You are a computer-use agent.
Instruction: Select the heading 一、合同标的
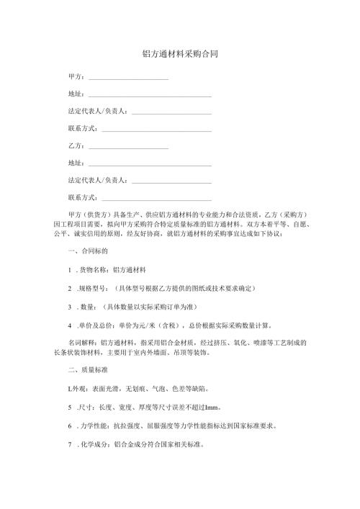[x=87, y=252]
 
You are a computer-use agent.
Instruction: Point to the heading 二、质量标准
[x=87, y=371]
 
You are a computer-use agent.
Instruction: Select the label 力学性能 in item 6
[x=94, y=425]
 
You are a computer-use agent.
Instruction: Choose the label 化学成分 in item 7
[x=94, y=445]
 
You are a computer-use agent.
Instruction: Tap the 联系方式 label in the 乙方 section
[x=81, y=197]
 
